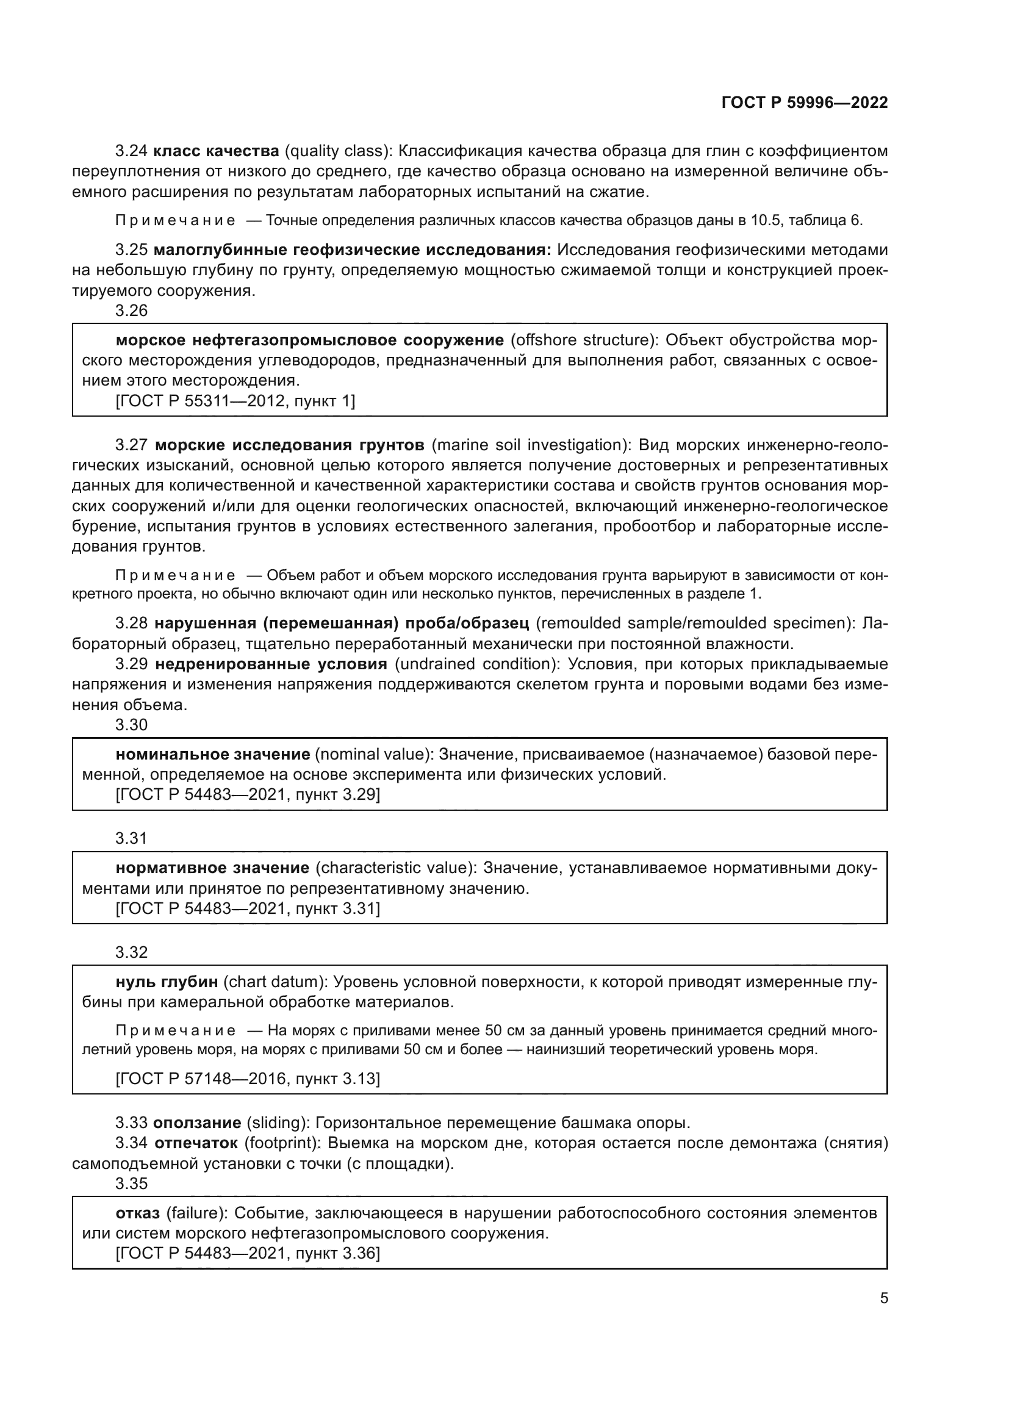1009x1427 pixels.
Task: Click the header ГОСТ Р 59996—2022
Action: click(804, 103)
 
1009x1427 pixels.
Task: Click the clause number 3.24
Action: click(131, 151)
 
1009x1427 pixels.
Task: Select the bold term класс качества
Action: click(215, 151)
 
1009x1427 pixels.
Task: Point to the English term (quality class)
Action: click(338, 151)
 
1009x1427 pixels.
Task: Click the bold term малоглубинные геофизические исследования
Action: click(351, 250)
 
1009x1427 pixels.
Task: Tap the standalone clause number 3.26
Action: click(131, 311)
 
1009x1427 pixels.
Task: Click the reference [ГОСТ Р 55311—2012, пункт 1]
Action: click(235, 401)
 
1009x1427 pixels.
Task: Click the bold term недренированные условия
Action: click(271, 664)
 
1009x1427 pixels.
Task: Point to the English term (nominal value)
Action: click(375, 755)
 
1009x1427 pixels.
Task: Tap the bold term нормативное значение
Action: click(212, 868)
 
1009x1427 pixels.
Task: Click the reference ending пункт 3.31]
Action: click(248, 908)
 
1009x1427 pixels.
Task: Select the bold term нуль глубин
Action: click(167, 982)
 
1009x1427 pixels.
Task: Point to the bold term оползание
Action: click(197, 1123)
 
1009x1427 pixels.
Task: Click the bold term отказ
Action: click(137, 1213)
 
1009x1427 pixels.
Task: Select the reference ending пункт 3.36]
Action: click(248, 1254)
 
